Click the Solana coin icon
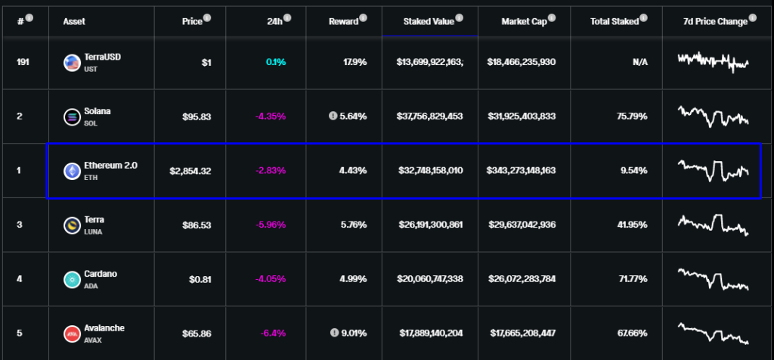[x=73, y=116]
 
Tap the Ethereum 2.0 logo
[x=73, y=171]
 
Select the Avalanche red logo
[x=73, y=334]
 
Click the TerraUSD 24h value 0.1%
[x=276, y=62]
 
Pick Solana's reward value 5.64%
[x=352, y=116]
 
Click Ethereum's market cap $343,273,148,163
[x=522, y=171]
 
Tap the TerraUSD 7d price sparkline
[x=714, y=61]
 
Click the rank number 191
[x=23, y=62]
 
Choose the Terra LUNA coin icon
[x=73, y=225]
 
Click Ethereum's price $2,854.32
[x=190, y=171]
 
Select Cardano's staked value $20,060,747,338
[x=429, y=279]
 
